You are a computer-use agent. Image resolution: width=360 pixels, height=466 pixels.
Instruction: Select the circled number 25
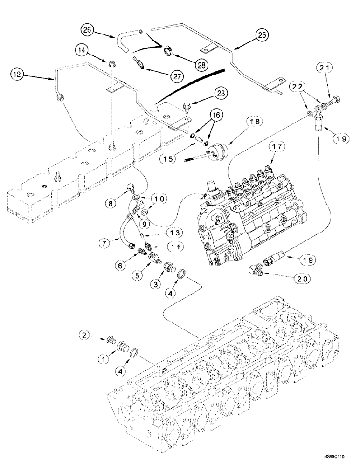tap(261, 34)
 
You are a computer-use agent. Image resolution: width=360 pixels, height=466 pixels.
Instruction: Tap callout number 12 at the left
tap(17, 74)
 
